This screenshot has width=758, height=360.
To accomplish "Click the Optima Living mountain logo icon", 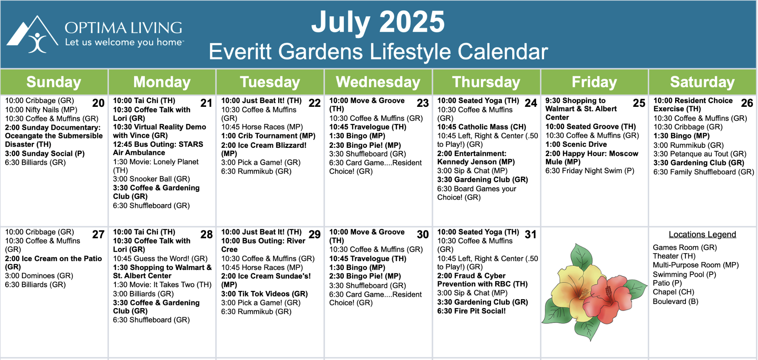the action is pos(32,34).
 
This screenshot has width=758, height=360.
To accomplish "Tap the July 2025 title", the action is pos(378,22).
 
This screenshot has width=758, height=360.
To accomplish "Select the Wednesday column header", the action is pos(378,82).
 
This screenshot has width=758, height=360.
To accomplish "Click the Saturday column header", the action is pos(702,82).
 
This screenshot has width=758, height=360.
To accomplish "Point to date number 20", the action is pos(98,103).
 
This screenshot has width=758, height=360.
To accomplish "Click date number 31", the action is pos(531,235).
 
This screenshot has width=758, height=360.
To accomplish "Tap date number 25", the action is pos(639,103).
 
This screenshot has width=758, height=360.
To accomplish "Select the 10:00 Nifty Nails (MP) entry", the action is pos(41,110).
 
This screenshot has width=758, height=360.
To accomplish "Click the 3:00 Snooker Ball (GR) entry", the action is pos(152,179).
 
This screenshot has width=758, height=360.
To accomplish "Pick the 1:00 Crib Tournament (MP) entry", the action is pos(268,136).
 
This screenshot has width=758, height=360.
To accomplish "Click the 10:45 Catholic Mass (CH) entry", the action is pos(482,127).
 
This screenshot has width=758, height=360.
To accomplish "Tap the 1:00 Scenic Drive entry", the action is pos(576,145).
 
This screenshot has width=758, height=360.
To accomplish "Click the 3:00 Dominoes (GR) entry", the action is pos(39,276).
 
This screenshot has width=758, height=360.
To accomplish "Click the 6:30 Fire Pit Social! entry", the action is pos(472,311).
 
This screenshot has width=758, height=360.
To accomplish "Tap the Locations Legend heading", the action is pos(702,235).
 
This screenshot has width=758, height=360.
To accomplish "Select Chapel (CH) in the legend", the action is pos(673,292).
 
